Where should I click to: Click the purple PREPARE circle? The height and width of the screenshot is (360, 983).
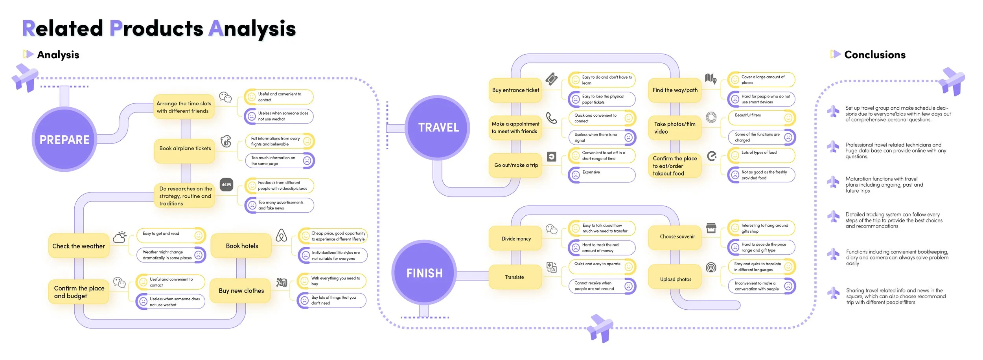click(64, 139)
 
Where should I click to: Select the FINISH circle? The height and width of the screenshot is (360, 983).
click(424, 273)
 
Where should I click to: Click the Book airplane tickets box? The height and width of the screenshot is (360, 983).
click(185, 149)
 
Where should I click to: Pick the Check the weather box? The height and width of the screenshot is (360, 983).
click(79, 246)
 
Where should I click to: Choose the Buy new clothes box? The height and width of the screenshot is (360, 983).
click(241, 291)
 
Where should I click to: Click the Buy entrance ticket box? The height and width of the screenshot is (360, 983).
click(515, 90)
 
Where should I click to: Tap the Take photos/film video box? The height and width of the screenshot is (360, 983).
click(675, 128)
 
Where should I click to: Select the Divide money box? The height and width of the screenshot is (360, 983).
click(516, 239)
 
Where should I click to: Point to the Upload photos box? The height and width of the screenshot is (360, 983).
click(675, 279)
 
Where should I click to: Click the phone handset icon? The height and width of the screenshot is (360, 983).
click(552, 118)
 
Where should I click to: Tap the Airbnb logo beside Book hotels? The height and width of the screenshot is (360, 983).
click(281, 235)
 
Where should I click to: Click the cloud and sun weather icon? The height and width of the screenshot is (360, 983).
click(120, 237)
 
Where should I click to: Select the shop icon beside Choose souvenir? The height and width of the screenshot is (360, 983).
click(711, 228)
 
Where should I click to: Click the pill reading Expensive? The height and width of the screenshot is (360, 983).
click(602, 174)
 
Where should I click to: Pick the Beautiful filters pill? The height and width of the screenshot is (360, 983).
click(761, 118)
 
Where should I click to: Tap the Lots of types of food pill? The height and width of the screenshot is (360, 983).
click(761, 155)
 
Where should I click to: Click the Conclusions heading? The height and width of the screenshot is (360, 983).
click(874, 55)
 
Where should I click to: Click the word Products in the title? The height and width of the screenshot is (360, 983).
click(156, 28)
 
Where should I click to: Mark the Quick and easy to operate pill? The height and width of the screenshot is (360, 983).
click(602, 266)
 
